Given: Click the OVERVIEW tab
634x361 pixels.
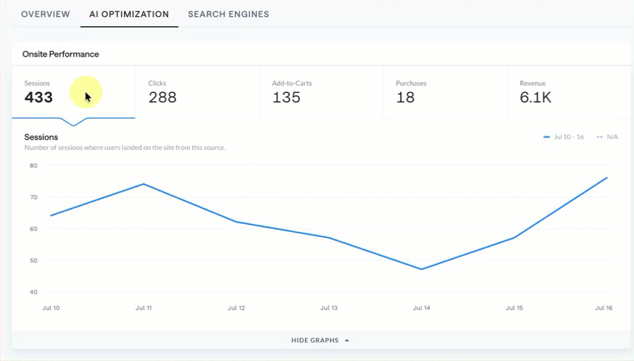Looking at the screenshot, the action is click(x=45, y=14).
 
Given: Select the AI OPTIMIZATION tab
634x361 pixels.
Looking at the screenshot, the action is click(x=129, y=14).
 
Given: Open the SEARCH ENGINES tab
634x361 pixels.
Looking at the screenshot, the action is click(x=228, y=14).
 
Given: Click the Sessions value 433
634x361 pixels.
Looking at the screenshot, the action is click(x=38, y=97).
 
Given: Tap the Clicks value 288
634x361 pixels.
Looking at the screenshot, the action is click(x=162, y=97).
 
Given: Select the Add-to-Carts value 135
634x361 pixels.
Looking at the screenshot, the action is click(x=286, y=97).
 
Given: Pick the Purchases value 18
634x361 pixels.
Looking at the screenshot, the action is click(x=405, y=97).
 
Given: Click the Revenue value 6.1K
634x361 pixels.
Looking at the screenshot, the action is click(x=535, y=97).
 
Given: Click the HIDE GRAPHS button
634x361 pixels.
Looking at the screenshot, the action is click(x=320, y=341).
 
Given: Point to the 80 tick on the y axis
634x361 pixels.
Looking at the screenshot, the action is click(x=34, y=165).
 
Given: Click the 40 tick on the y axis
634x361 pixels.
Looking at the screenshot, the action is click(x=34, y=292).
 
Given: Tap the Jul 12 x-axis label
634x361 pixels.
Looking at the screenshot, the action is click(x=236, y=308).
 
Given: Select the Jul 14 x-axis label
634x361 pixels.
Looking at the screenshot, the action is click(x=422, y=308).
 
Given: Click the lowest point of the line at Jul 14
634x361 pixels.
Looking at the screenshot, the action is click(x=422, y=269).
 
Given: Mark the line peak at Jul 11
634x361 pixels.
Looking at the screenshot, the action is click(x=143, y=184).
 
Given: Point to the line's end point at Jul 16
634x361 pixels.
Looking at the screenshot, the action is click(x=607, y=177).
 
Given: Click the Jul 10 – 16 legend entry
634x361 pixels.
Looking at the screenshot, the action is click(x=564, y=137).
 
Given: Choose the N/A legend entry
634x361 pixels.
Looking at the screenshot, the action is click(x=607, y=137).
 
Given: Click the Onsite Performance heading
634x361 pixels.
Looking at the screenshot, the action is click(x=61, y=54).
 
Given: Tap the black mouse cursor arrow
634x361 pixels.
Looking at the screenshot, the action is click(x=87, y=97).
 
